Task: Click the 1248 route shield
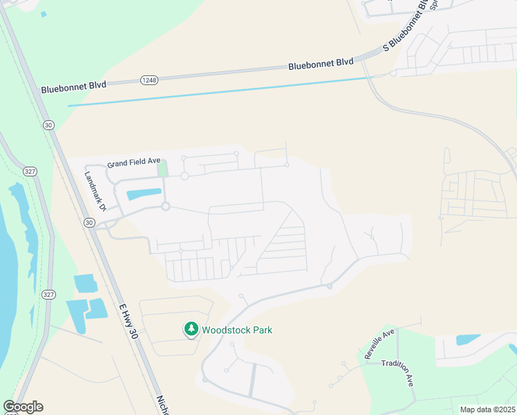[x=149, y=80]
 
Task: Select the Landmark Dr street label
[x=95, y=192]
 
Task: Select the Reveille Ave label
[x=379, y=343]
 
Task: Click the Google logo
[x=23, y=407]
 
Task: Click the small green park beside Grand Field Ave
[x=162, y=168]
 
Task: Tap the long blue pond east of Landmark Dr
[x=143, y=194]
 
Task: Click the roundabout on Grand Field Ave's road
[x=185, y=176]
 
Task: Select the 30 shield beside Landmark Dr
[x=88, y=222]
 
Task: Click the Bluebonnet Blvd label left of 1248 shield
[x=73, y=88]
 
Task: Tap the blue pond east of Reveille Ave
[x=468, y=340]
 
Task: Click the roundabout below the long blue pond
[x=165, y=206]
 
